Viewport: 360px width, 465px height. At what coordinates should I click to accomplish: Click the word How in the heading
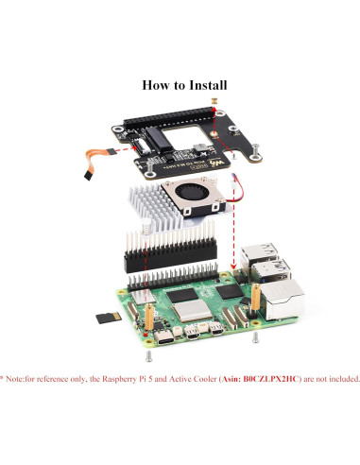(x=155, y=84)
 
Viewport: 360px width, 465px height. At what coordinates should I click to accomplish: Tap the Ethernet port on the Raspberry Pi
(x=286, y=303)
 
